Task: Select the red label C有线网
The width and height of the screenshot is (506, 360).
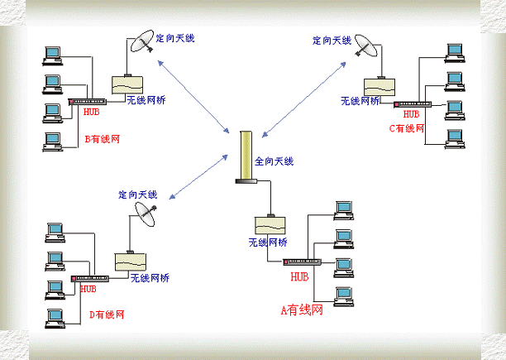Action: [407, 128]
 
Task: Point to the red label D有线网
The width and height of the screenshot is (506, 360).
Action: [107, 314]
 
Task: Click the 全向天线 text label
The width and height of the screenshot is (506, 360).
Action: [274, 161]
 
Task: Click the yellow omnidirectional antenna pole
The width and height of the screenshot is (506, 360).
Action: [244, 156]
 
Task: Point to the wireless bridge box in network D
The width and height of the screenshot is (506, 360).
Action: [130, 261]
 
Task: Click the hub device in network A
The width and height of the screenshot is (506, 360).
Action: [298, 262]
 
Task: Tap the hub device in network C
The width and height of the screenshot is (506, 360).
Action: [410, 104]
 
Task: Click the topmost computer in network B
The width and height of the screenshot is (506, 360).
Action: [54, 55]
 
